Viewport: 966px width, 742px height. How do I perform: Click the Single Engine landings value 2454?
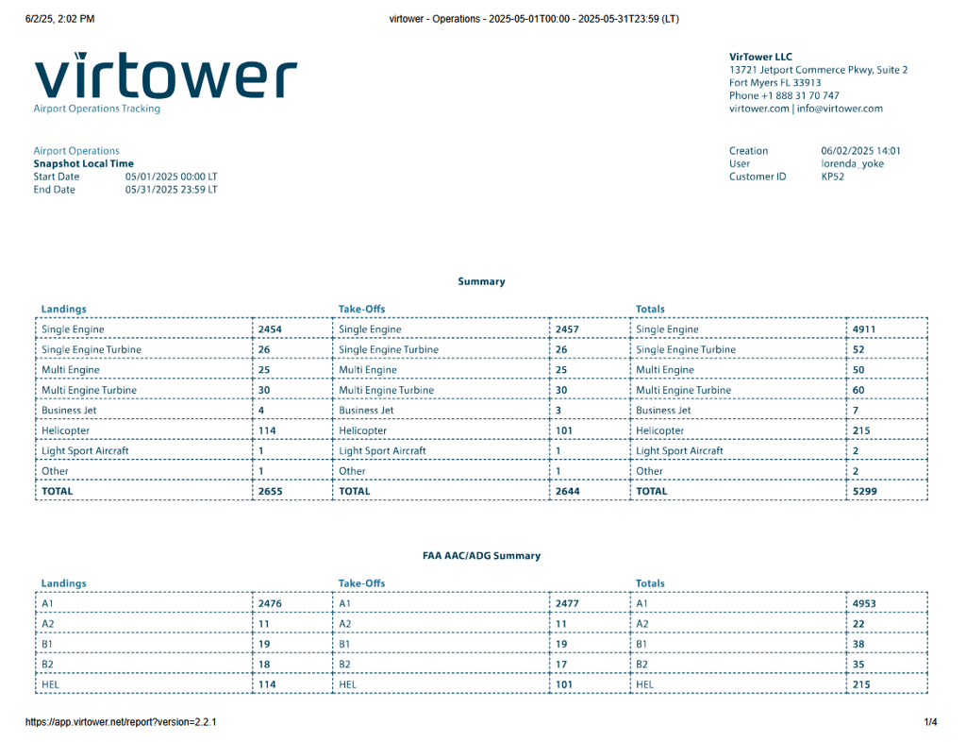pos(270,329)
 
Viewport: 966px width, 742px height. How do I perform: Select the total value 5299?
pos(865,491)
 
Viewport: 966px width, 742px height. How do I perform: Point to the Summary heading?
pos(481,281)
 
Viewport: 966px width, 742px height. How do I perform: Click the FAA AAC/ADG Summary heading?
pos(481,556)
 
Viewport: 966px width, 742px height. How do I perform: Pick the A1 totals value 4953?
pos(865,603)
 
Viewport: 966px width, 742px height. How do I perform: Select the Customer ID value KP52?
pos(832,177)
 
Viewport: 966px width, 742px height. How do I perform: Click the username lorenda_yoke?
pos(853,163)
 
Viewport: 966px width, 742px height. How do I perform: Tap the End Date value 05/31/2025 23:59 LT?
pos(171,190)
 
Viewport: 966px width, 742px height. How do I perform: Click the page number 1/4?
pos(930,722)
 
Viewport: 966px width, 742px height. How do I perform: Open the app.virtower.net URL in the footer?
pos(121,722)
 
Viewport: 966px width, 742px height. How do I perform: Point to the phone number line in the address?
pos(784,95)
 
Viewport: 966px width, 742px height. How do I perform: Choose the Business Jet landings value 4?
pos(261,411)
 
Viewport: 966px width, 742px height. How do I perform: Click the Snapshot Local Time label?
pos(84,163)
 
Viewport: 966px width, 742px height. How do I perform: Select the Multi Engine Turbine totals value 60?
pos(858,390)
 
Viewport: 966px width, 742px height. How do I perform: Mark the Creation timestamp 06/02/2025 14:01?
pos(860,151)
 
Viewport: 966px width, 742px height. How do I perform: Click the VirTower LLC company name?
pos(760,57)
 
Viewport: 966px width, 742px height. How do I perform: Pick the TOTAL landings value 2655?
pos(270,491)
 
